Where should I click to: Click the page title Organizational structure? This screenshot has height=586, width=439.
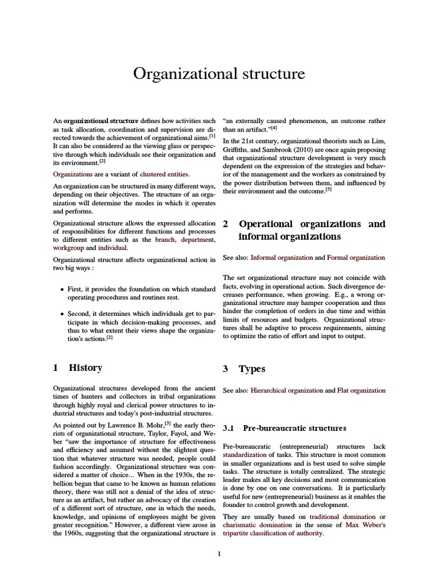[x=219, y=74]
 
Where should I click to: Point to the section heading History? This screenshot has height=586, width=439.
[x=86, y=368]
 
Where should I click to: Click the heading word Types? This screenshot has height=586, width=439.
[x=252, y=369]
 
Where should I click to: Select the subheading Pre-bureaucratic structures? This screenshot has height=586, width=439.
[x=294, y=428]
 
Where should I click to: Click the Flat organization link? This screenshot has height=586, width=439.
[x=361, y=390]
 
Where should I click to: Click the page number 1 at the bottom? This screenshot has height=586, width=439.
[x=219, y=553]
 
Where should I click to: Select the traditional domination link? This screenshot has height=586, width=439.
[x=341, y=516]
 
